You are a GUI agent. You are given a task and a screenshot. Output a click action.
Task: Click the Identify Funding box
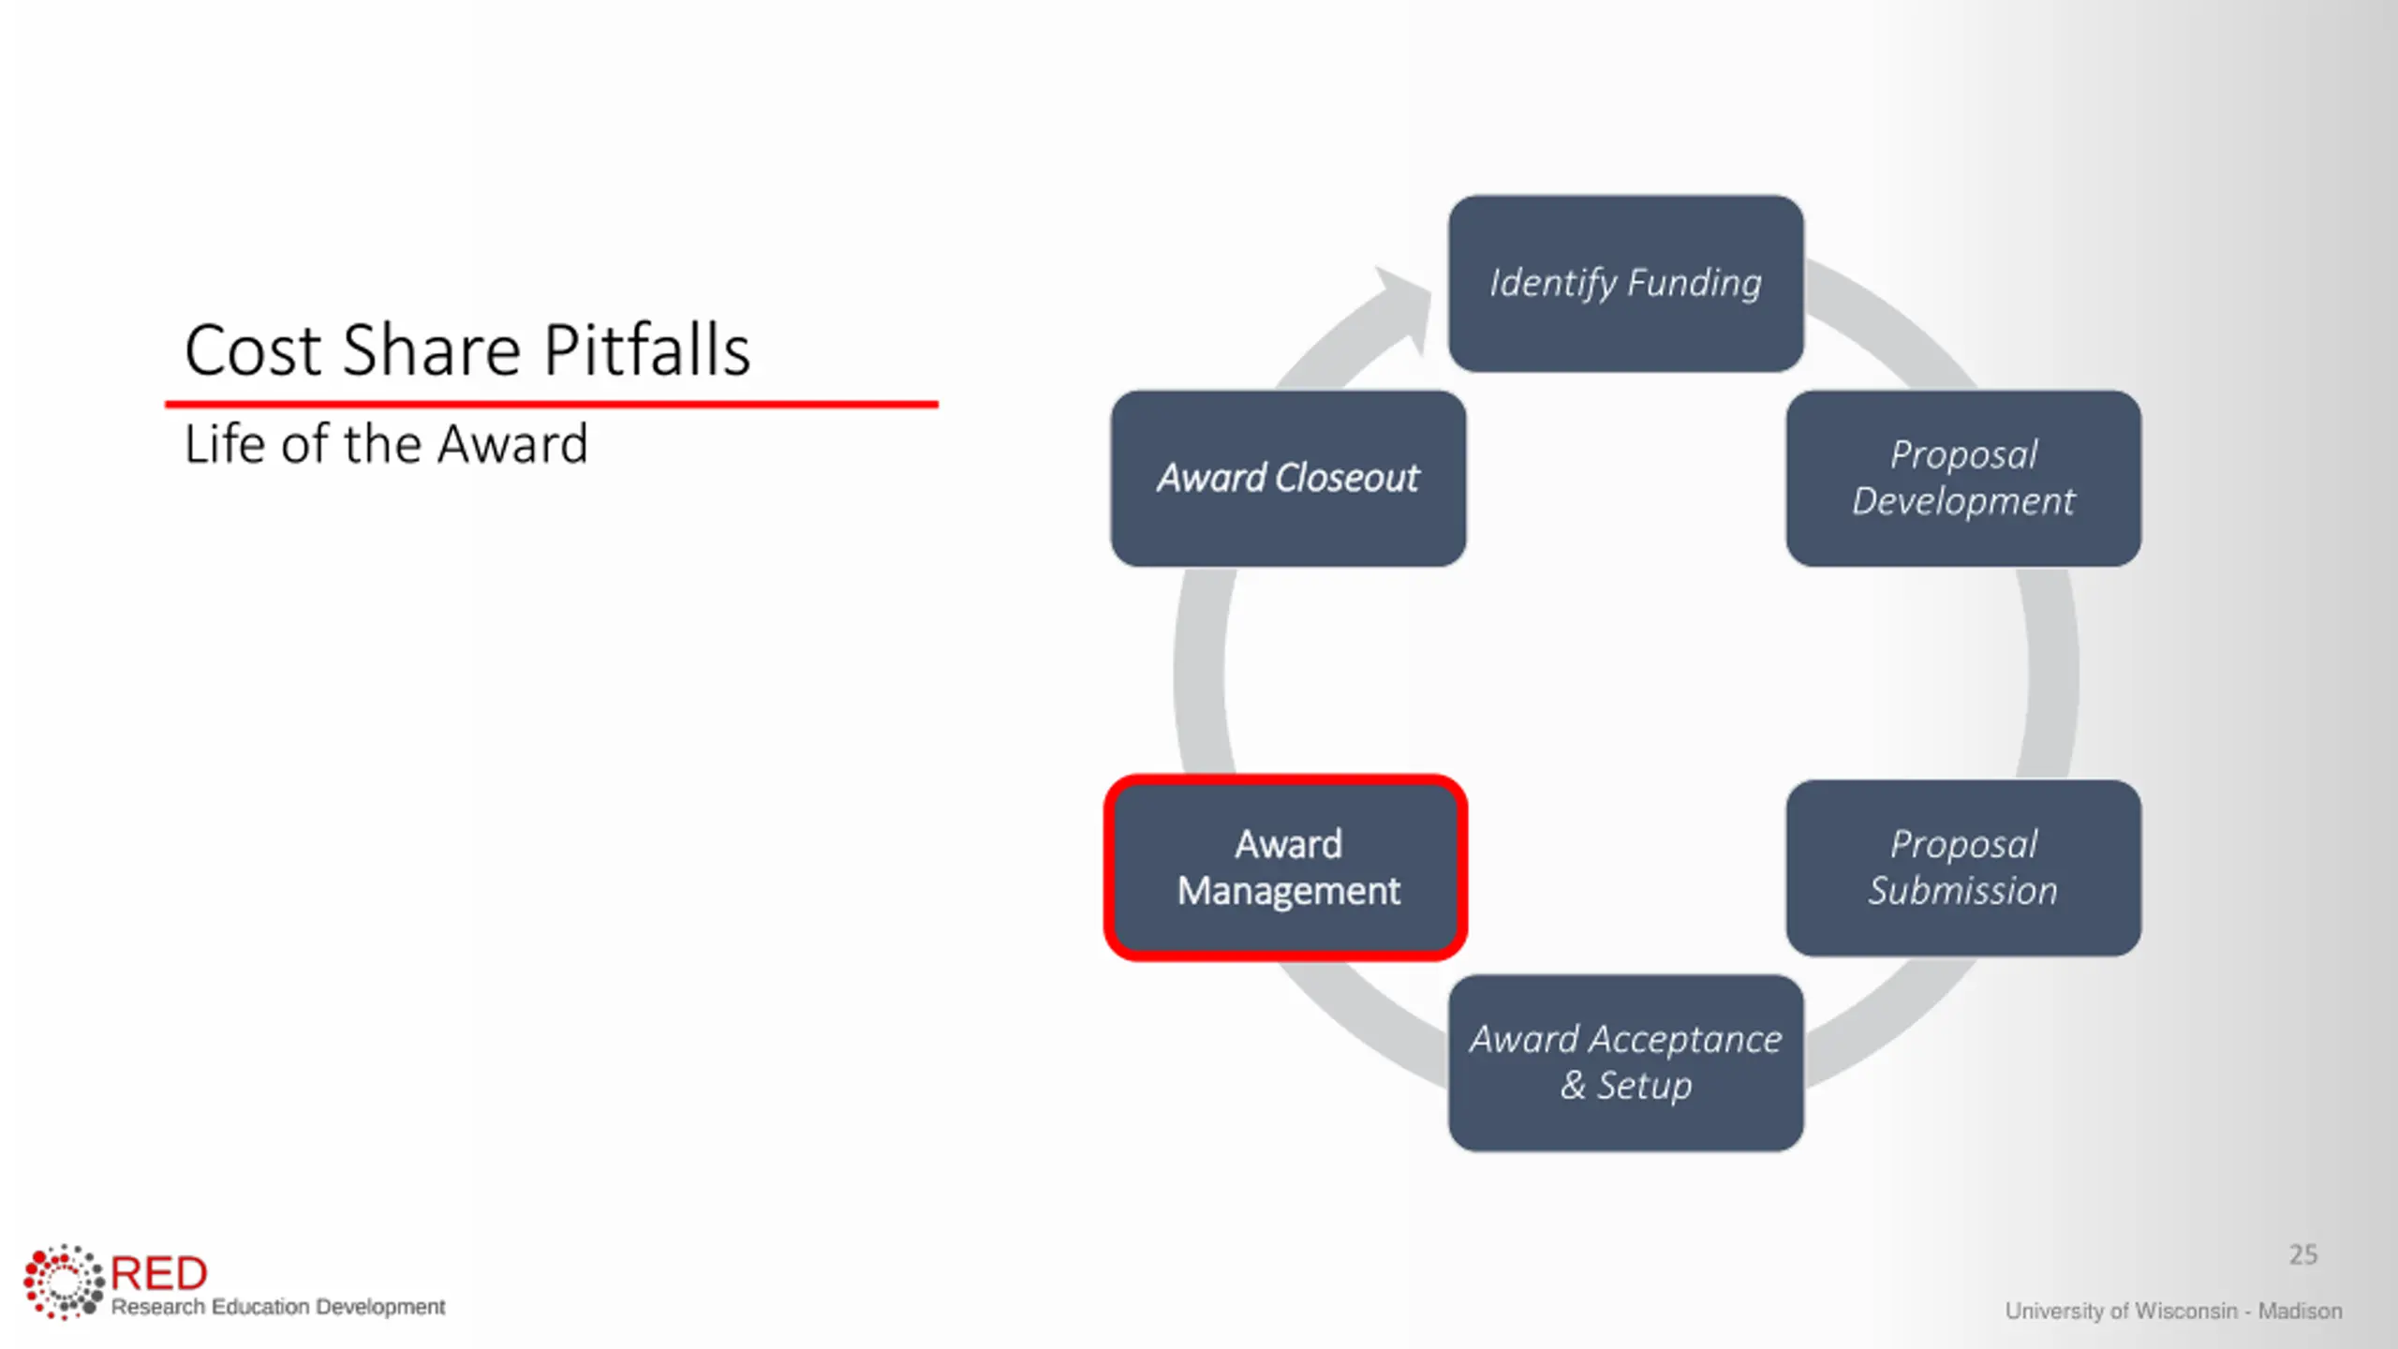1625,283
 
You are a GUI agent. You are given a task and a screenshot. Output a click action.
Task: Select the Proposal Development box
1962,478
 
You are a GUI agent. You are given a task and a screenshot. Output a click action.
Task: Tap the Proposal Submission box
1962,867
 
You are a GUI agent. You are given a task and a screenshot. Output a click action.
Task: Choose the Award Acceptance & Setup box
1625,1062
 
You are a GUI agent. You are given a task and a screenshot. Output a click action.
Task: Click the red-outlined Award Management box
1286,867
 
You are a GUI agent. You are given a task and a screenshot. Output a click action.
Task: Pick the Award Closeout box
1288,478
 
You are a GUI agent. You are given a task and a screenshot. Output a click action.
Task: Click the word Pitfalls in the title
646,350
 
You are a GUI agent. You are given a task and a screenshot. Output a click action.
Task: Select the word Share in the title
432,350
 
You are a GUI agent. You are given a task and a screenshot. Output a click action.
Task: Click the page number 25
2302,1254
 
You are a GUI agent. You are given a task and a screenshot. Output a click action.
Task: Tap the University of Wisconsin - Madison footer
2173,1311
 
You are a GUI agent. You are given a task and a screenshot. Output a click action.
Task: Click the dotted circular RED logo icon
63,1282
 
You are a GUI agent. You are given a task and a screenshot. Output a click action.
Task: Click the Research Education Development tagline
278,1307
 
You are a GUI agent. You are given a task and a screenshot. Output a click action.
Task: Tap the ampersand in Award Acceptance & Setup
1573,1086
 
